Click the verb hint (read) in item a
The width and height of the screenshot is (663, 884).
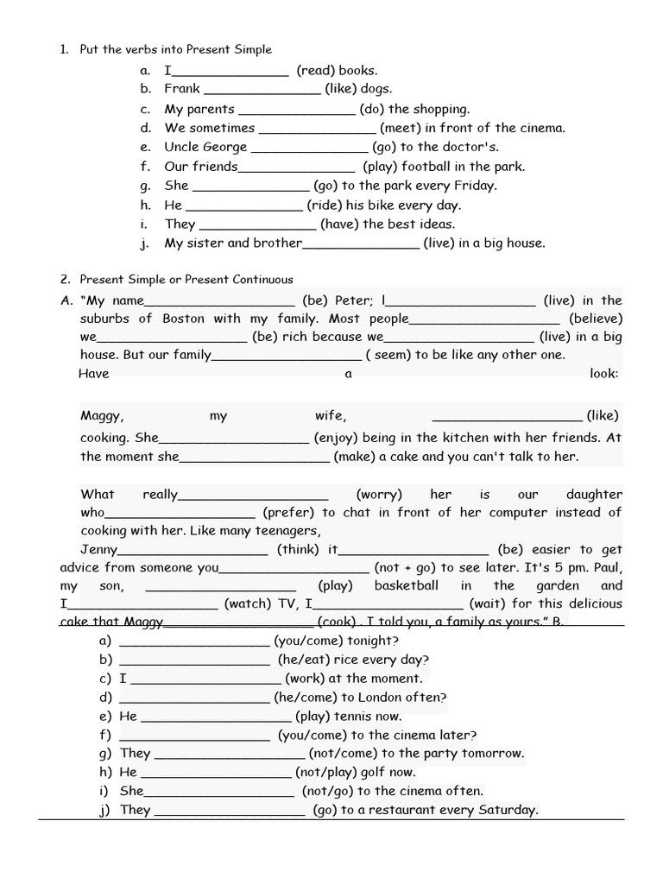[315, 71]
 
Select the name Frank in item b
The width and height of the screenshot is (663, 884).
[182, 89]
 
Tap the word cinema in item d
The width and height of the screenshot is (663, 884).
[542, 128]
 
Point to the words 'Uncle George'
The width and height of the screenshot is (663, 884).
[205, 147]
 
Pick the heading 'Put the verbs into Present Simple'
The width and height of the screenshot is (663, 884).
[175, 50]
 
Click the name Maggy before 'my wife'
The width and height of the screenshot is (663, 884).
[102, 416]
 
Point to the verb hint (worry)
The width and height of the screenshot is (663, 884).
[379, 495]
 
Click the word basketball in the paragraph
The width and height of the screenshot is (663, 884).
[406, 586]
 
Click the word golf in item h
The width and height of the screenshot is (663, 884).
[368, 773]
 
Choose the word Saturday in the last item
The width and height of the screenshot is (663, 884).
[508, 810]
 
